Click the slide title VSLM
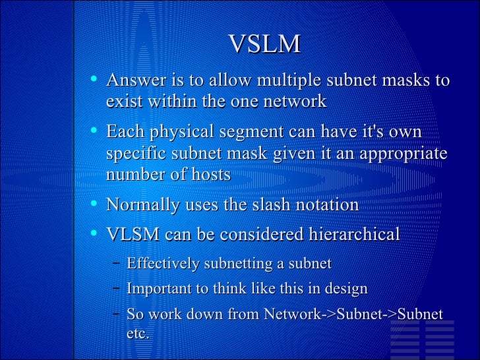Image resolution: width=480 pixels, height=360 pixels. (264, 44)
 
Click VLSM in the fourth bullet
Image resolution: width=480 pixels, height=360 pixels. (133, 235)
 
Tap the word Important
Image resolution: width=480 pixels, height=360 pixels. (158, 289)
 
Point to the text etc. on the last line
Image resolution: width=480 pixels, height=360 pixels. (138, 334)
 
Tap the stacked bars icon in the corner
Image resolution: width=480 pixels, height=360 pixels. (436, 338)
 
